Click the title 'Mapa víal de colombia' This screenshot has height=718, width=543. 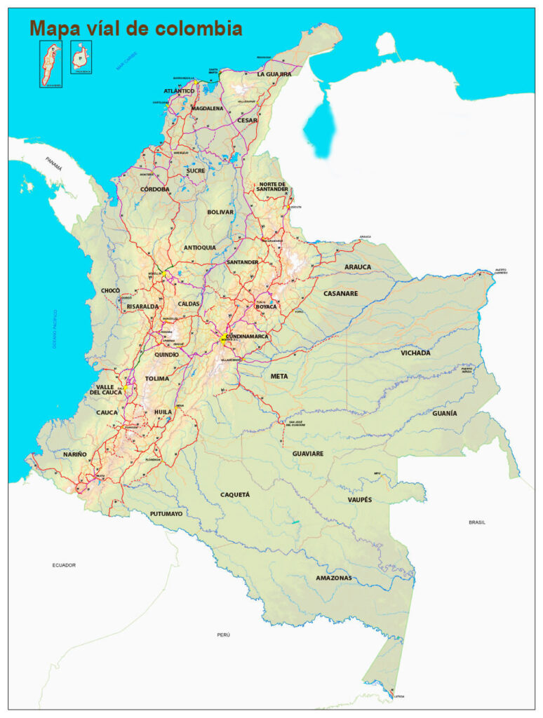[x=135, y=29]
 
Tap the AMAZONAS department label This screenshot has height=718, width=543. [x=333, y=578]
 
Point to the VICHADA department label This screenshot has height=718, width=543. [x=415, y=353]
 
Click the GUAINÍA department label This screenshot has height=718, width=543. [x=444, y=413]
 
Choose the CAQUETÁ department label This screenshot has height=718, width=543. [x=235, y=494]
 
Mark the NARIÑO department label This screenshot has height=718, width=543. [x=75, y=454]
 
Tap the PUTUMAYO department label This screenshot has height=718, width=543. [x=166, y=514]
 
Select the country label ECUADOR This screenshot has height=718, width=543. [x=63, y=564]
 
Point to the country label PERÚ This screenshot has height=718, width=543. [x=223, y=634]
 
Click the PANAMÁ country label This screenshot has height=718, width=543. [x=54, y=164]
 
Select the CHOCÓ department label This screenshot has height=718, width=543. [x=110, y=290]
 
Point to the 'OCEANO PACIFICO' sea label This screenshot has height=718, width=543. [x=54, y=330]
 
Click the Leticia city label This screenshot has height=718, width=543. [x=399, y=696]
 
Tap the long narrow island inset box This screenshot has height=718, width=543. [x=51, y=64]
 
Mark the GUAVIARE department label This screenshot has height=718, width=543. [x=308, y=454]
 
